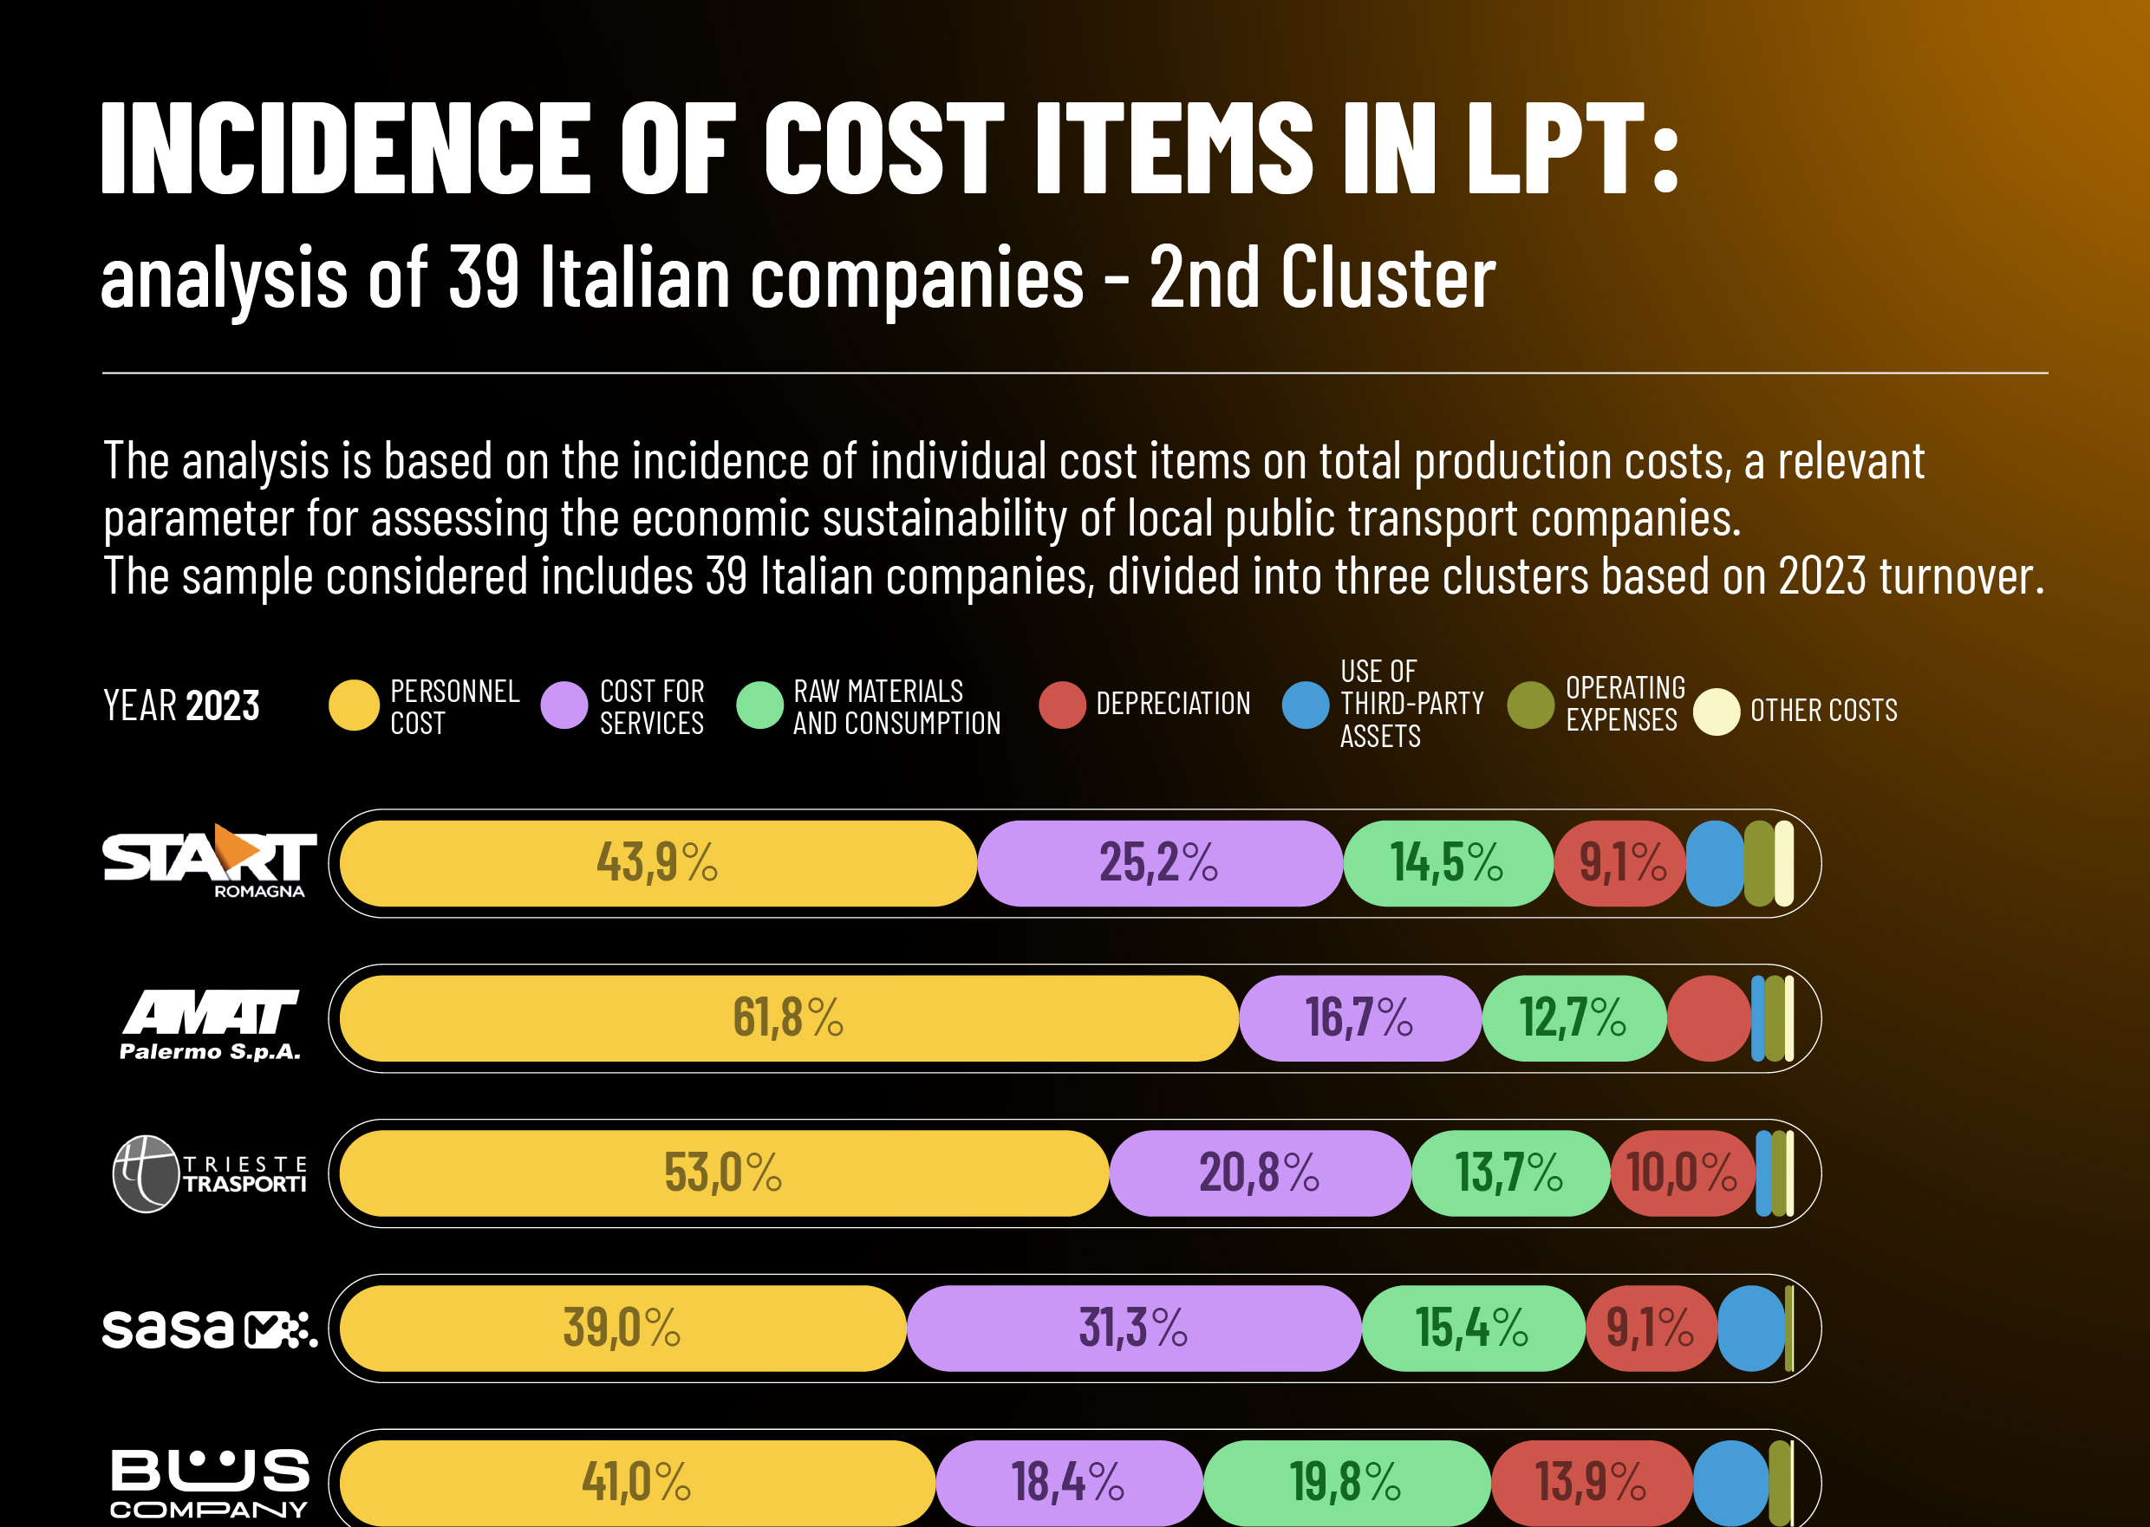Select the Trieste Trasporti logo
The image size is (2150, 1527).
coord(210,1173)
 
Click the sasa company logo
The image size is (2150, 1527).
coord(209,1329)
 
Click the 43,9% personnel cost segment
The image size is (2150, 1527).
coord(657,863)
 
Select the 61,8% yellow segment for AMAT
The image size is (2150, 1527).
coord(788,1018)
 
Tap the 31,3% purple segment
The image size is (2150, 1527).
coord(1133,1329)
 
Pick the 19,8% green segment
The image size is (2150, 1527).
coord(1345,1483)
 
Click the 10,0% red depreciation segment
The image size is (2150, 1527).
coord(1682,1173)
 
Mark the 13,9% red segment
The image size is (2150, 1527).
coord(1592,1483)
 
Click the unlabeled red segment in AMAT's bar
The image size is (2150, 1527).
coord(1709,1018)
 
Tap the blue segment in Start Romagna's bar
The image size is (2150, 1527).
coord(1716,863)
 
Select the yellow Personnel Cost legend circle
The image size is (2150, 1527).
coord(354,705)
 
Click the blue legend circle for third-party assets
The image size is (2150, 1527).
coord(1306,705)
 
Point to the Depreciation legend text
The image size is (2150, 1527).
coord(1173,704)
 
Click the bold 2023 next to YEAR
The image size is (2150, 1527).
coord(222,706)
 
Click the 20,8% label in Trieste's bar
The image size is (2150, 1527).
coord(1259,1173)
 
